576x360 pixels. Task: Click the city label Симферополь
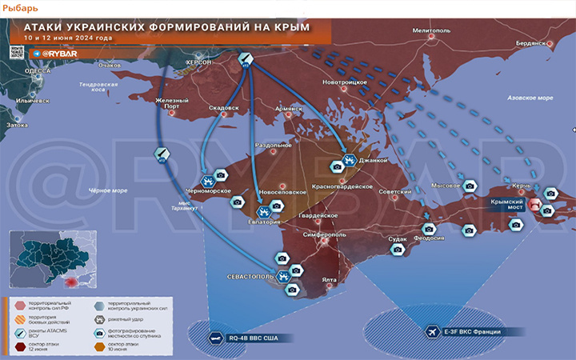point(325,235)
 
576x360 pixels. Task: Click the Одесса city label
point(38,70)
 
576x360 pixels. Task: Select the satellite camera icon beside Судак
point(398,250)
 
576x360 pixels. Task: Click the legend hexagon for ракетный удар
point(98,318)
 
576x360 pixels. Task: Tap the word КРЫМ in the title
point(290,27)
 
